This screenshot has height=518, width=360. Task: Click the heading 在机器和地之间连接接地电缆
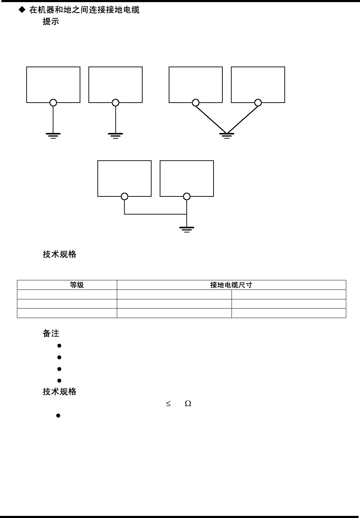(x=84, y=10)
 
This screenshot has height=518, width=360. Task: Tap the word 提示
(x=51, y=22)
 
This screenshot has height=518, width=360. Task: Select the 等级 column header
(x=77, y=285)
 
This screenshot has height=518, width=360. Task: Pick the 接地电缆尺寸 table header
(x=231, y=285)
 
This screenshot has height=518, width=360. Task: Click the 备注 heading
(x=51, y=333)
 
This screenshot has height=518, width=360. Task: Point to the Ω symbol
(x=188, y=403)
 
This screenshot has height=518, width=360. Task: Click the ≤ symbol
(x=168, y=403)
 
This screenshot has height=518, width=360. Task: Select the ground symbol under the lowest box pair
(x=187, y=230)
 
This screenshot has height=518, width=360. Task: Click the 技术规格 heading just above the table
(x=60, y=254)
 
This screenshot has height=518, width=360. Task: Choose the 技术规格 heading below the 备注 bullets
(x=60, y=392)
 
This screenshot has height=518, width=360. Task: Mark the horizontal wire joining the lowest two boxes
(x=155, y=214)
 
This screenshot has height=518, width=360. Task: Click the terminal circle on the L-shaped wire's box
(x=124, y=196)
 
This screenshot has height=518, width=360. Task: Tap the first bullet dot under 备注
(x=59, y=346)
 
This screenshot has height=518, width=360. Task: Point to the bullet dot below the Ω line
(x=59, y=416)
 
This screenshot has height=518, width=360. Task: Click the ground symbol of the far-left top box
(x=53, y=135)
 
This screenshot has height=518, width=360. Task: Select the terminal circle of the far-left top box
(x=53, y=103)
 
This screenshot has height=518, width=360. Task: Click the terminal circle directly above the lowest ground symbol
(x=187, y=196)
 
